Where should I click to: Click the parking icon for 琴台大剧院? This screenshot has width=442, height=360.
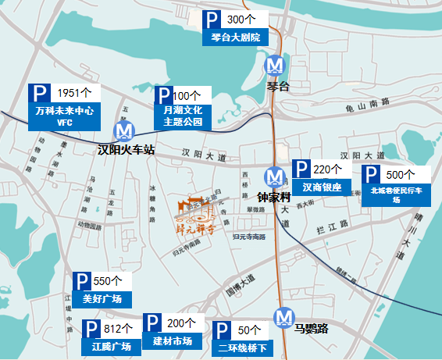click(x=212, y=20)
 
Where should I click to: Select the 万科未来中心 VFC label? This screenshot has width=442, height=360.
click(x=65, y=117)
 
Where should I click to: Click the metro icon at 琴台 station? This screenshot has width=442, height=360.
click(x=274, y=64)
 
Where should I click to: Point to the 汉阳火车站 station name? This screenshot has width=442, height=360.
click(x=126, y=148)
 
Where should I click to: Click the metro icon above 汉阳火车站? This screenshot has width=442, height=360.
click(x=123, y=130)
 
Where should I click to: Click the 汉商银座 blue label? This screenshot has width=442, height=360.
click(x=323, y=187)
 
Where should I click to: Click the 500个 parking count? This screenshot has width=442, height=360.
click(x=400, y=175)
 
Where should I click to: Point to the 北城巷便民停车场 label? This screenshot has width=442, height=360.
click(x=397, y=194)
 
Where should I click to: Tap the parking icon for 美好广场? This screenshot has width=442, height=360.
click(x=81, y=282)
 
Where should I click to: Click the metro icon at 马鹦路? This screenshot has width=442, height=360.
click(x=283, y=316)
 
